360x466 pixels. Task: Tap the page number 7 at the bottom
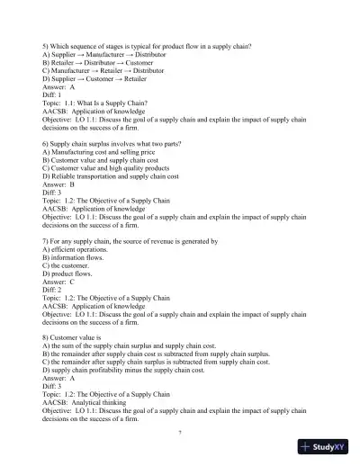tap(180, 434)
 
